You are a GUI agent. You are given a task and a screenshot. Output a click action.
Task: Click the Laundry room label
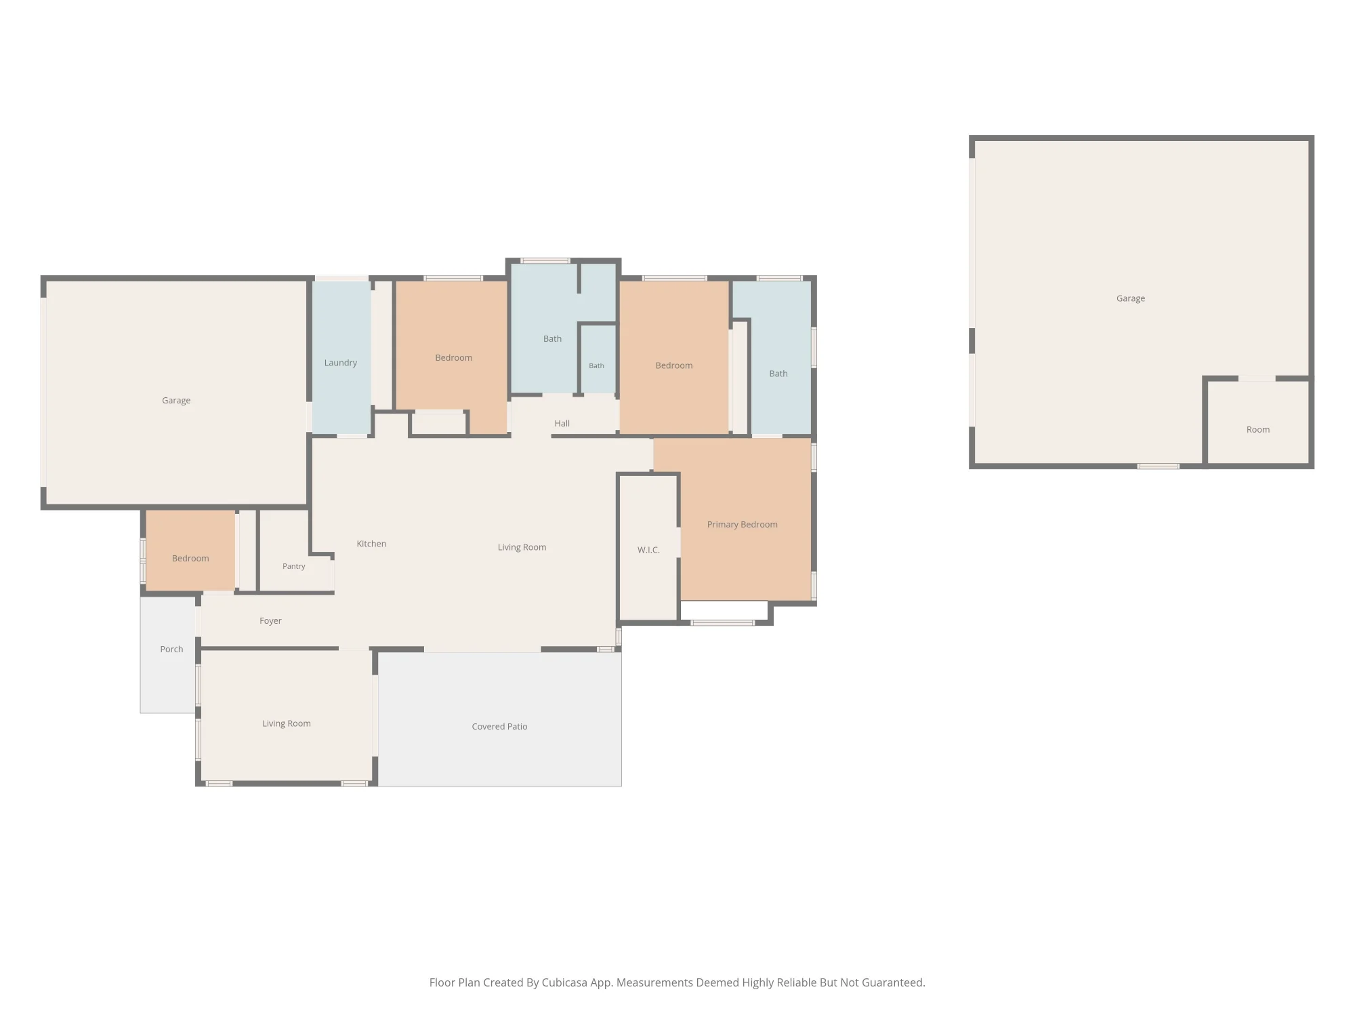[340, 363]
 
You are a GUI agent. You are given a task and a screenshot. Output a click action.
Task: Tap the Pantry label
[293, 566]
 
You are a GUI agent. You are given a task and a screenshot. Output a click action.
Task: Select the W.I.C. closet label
[648, 550]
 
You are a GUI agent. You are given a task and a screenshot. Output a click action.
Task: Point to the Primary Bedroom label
[742, 525]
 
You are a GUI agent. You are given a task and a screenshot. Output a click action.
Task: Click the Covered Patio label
[499, 726]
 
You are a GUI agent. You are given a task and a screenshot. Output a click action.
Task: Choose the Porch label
[171, 649]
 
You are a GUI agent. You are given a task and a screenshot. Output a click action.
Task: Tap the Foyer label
[270, 621]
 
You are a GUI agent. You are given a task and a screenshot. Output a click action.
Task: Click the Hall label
[562, 423]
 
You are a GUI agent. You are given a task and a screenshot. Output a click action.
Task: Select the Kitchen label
[371, 544]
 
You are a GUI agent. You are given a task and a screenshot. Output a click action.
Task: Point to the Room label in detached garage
[1257, 429]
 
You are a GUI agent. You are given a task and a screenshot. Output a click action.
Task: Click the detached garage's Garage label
[1130, 298]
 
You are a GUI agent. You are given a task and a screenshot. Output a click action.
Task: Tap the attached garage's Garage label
[176, 401]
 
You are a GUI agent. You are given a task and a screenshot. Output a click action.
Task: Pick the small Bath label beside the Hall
[596, 365]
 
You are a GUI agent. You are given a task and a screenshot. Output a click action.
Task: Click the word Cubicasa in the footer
[564, 982]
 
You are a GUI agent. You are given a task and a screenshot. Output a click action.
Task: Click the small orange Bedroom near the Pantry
[190, 551]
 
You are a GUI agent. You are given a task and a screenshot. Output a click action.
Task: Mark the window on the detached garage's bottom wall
[1158, 466]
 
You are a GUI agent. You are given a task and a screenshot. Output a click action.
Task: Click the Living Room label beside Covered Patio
[287, 723]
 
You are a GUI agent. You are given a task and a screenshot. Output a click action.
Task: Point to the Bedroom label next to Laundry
[453, 358]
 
